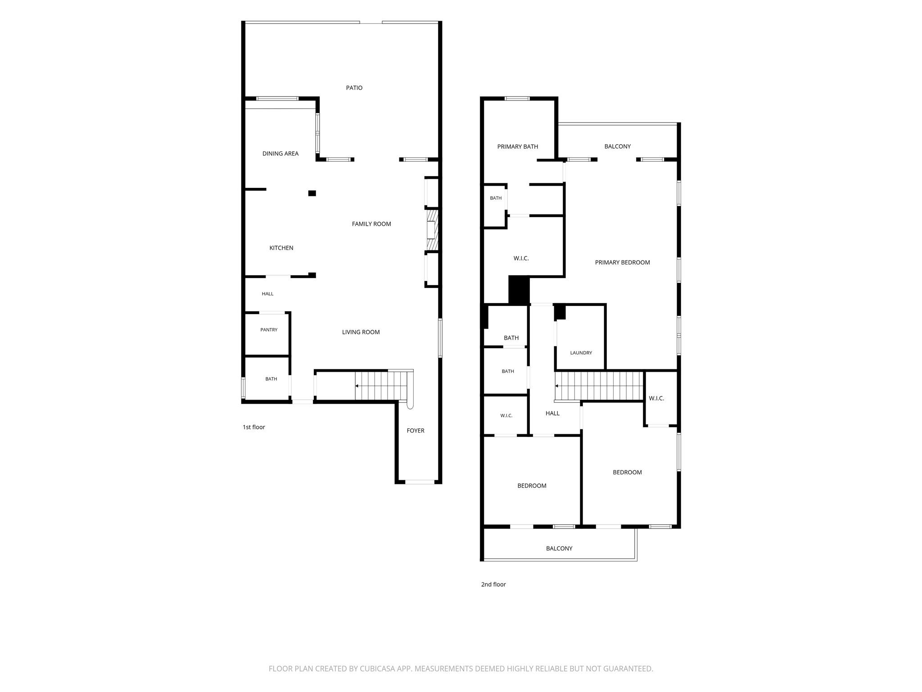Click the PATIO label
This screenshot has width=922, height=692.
point(354,88)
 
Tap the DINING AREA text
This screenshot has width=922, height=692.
point(280,154)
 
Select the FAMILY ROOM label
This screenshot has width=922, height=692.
point(371,224)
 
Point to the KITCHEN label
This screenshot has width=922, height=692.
point(281,248)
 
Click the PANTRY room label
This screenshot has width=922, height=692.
point(269,330)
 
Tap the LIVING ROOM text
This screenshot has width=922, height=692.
point(361,332)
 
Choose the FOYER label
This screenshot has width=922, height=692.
point(416,431)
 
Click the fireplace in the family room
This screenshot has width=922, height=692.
point(432,230)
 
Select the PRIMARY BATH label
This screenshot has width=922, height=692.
point(518,146)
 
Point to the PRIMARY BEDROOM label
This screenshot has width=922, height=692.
point(622,263)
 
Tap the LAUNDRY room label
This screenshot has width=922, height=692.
point(581,353)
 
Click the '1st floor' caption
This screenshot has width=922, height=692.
point(254,427)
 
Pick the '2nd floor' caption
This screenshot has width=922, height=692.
point(493,584)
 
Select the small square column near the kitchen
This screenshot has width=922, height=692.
point(312,193)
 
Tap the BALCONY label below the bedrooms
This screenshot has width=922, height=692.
point(559,548)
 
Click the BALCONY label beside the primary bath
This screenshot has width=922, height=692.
point(617,146)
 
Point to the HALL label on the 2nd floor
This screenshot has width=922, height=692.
point(552,413)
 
